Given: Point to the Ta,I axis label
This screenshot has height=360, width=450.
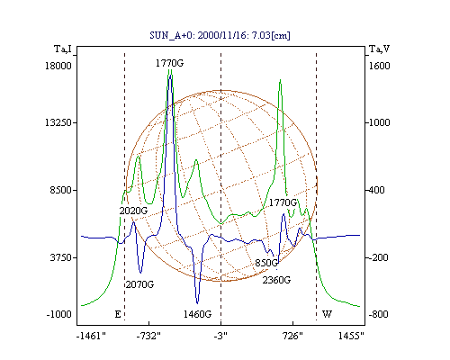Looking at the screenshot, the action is coord(63,49).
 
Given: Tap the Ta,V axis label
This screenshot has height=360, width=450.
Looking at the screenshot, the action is coord(379,49).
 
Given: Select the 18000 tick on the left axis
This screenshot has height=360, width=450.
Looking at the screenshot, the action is coord(58,66).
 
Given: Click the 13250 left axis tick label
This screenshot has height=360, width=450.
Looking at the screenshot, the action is coord(58,122).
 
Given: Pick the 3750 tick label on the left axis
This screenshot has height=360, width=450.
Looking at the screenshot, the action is coord(61,257).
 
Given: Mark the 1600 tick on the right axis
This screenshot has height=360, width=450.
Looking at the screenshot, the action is coord(379,66).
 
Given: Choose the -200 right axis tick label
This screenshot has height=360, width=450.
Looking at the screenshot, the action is coord(378,257).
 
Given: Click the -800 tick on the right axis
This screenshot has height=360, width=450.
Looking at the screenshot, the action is coord(378,314).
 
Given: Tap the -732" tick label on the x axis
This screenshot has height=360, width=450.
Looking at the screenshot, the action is coord(148,337).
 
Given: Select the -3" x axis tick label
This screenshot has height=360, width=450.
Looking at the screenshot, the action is coord(220,337).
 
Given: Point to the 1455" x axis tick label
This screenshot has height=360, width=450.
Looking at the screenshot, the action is coord(351,337).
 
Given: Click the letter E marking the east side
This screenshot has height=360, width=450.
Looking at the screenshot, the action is coord(118,314).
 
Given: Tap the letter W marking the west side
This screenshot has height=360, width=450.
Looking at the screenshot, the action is coord(327,314).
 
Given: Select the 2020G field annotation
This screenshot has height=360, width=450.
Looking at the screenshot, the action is coord(133,211).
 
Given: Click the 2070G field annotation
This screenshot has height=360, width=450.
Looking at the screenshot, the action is coord(139,284).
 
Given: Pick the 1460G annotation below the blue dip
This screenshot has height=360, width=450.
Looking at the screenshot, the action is coord(197,314).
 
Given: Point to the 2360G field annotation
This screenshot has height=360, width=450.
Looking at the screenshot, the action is coord(276,280).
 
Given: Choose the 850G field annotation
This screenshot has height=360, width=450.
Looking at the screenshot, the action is coord(266,263).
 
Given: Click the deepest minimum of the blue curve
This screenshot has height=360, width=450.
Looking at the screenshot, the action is coord(197,303).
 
